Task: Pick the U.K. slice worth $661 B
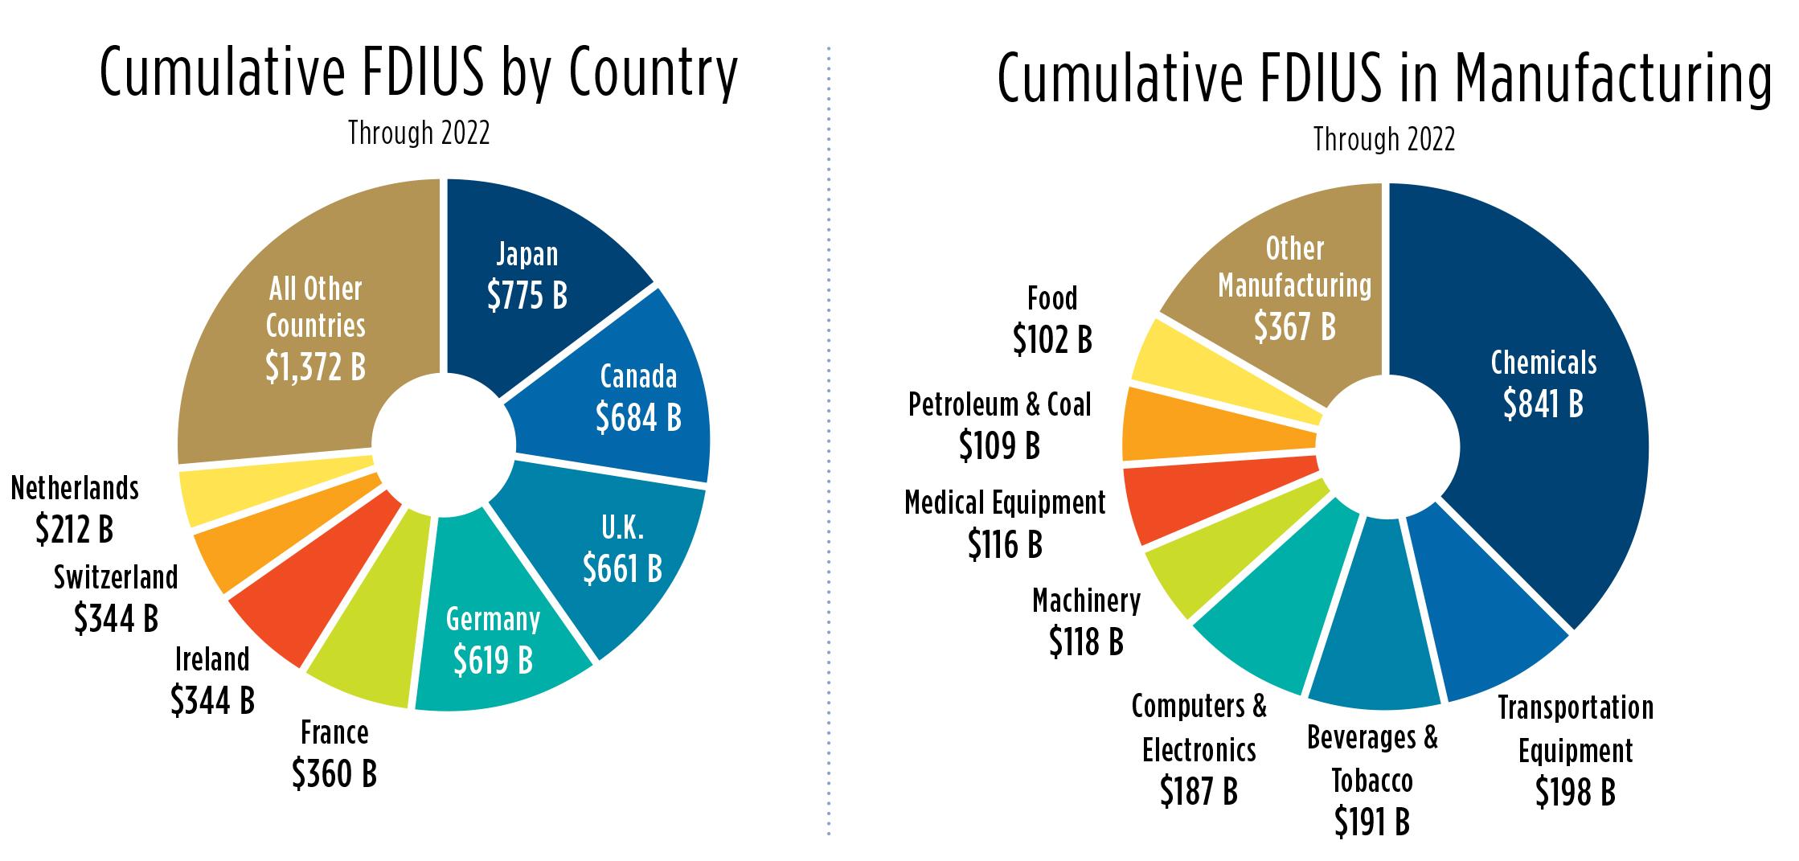point(621,551)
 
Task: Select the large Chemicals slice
point(1543,386)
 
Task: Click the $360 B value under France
point(334,774)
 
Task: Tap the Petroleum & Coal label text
point(999,404)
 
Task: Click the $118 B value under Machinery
point(1086,641)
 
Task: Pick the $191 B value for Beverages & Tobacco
point(1371,822)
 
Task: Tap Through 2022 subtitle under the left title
point(418,133)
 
